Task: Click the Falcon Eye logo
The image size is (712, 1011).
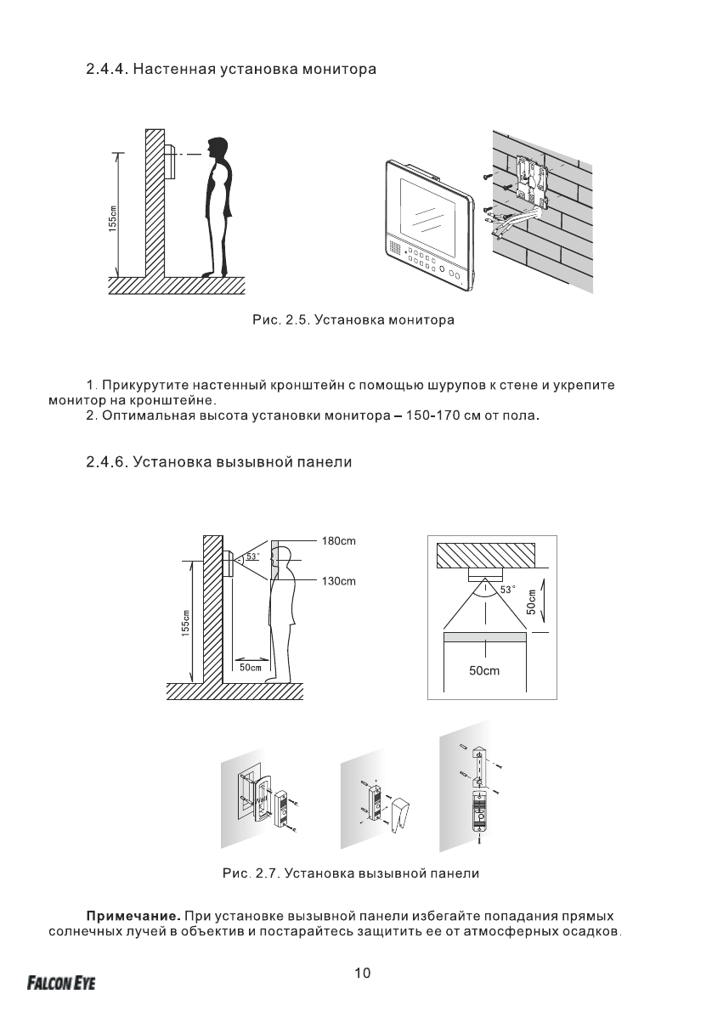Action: pyautogui.click(x=61, y=983)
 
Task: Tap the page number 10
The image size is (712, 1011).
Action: pyautogui.click(x=362, y=974)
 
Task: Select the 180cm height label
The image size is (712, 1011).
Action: pyautogui.click(x=339, y=540)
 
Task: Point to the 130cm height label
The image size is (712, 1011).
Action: pyautogui.click(x=339, y=581)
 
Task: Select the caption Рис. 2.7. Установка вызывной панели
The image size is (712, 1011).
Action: pyautogui.click(x=350, y=873)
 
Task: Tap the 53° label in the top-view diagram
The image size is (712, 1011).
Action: pyautogui.click(x=506, y=589)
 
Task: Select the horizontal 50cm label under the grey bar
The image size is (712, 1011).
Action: pyautogui.click(x=484, y=671)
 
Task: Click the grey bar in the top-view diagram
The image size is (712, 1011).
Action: pyautogui.click(x=484, y=636)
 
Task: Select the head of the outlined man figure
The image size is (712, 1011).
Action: pyautogui.click(x=282, y=557)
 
